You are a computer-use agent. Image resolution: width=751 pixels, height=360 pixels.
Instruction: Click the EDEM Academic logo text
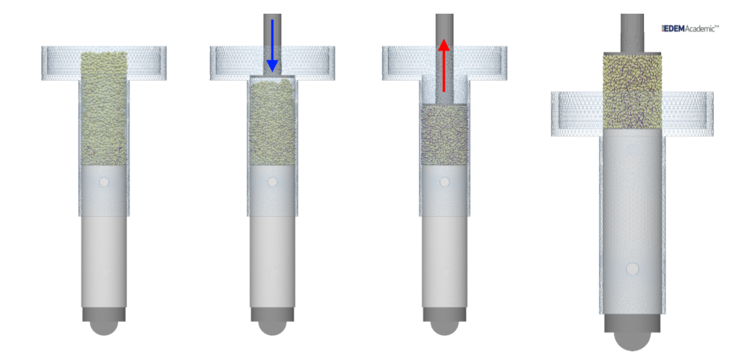(690, 29)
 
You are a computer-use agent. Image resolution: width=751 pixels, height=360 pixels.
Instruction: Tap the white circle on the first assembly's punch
(104, 182)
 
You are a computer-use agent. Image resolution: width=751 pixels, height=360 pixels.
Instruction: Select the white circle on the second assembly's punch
(273, 182)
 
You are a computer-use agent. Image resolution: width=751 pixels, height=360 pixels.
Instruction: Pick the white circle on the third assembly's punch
(445, 182)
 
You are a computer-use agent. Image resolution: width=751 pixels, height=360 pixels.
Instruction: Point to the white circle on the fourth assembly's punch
(632, 269)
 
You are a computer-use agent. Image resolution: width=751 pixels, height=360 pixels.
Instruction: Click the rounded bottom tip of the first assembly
(104, 329)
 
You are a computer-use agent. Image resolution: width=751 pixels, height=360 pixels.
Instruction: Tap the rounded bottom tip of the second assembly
(273, 329)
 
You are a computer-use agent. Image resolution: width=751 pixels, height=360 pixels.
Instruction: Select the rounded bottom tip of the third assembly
(445, 329)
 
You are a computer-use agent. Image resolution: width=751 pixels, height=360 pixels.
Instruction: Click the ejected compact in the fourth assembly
(632, 92)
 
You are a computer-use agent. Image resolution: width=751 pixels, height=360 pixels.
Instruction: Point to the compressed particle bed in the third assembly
(445, 135)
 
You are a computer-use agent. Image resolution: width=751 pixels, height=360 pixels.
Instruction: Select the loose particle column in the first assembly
(104, 110)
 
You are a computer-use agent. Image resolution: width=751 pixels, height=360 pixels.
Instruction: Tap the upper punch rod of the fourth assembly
(632, 33)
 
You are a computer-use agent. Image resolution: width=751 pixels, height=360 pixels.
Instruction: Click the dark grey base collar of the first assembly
(104, 314)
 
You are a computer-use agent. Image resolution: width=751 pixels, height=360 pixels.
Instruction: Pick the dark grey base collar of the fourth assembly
(632, 323)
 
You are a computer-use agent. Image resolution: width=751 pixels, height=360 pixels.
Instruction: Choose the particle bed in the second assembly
(273, 123)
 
